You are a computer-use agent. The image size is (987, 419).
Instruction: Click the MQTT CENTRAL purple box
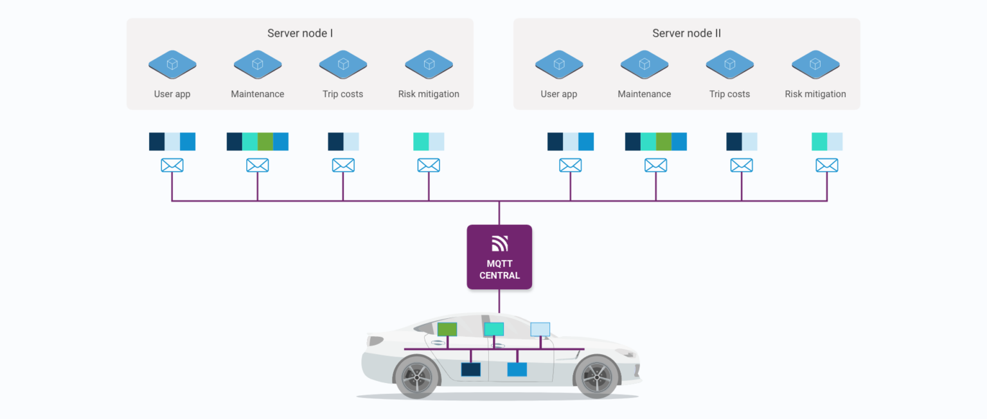[x=499, y=257]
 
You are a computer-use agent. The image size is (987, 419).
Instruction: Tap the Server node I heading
[x=300, y=33]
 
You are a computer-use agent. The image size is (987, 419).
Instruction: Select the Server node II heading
[x=686, y=33]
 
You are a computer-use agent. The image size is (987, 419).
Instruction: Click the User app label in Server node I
[x=172, y=94]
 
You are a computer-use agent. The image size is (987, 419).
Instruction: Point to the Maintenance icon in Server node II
[x=645, y=64]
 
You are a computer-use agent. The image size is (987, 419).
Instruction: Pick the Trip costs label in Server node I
[x=342, y=94]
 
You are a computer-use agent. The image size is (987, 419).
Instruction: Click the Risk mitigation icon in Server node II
[x=815, y=64]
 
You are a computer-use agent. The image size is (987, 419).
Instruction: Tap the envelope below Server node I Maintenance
[x=258, y=165]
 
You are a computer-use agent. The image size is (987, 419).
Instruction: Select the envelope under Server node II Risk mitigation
[x=827, y=165]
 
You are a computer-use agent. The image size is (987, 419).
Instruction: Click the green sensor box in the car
[x=447, y=330]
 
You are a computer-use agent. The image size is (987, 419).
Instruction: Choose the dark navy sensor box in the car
[x=471, y=370]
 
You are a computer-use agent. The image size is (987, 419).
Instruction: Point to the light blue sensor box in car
[x=540, y=330]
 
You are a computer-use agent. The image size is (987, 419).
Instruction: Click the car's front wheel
[x=596, y=377]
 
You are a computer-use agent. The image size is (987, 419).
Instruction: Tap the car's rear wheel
[x=416, y=377]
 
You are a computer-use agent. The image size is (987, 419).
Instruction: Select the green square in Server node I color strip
[x=265, y=141]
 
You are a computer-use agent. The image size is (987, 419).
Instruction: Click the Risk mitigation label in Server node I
[x=429, y=94]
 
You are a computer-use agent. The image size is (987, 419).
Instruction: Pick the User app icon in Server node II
[x=559, y=64]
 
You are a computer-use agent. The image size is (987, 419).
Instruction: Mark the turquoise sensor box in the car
[x=493, y=330]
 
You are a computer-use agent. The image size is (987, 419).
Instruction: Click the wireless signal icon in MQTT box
[x=500, y=244]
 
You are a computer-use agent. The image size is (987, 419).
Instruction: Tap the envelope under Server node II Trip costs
[x=742, y=165]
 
